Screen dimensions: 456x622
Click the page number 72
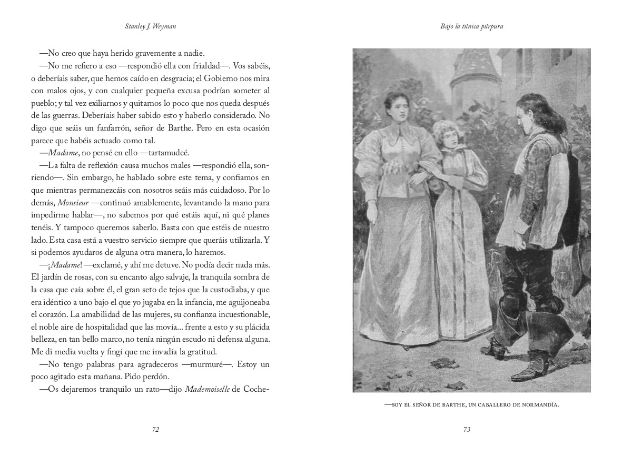click(x=155, y=430)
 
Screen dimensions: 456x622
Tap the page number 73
click(x=466, y=430)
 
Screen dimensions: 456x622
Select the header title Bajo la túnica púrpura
click(x=466, y=26)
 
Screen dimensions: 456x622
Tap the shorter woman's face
click(x=443, y=135)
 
